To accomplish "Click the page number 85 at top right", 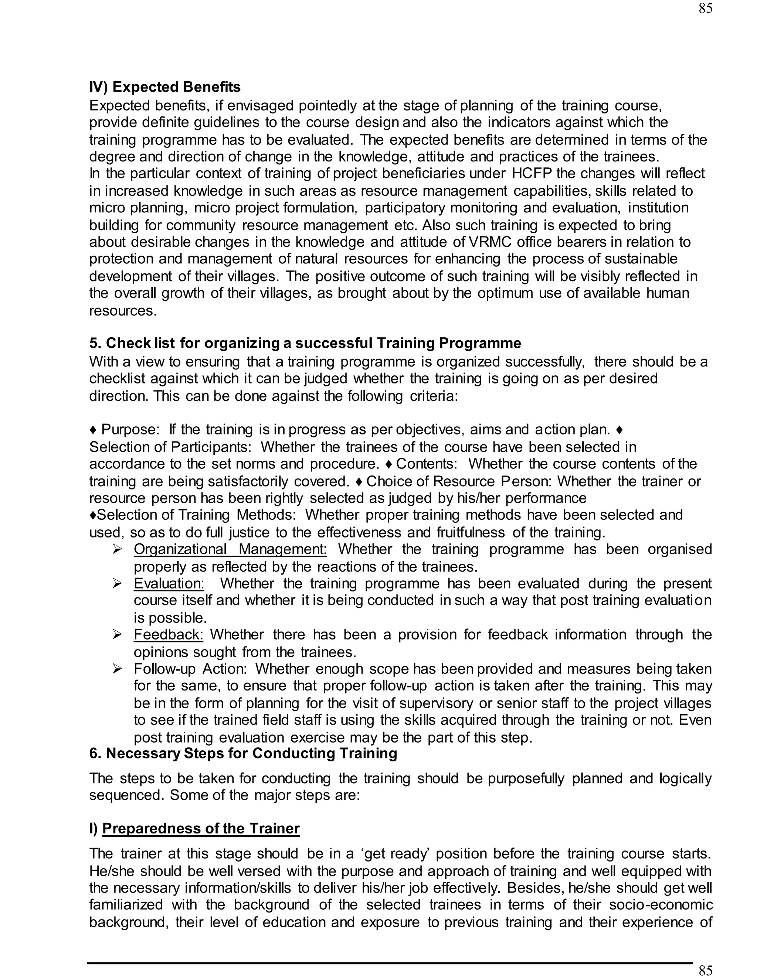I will tap(705, 8).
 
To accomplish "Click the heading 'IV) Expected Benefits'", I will tap(164, 87).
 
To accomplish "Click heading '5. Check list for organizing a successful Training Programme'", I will tap(305, 343).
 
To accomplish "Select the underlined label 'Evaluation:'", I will tap(169, 583).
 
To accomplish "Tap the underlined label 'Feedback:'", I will tap(169, 634).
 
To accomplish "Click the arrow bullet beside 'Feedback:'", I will tap(118, 634).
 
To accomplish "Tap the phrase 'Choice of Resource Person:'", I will tap(460, 481).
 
